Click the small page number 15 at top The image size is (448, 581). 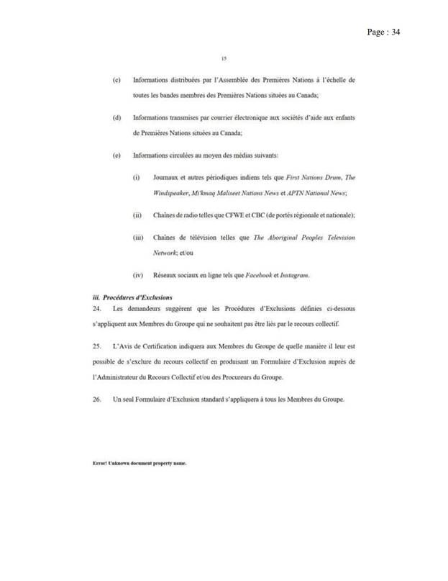(224, 59)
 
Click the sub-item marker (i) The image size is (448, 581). (136, 177)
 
